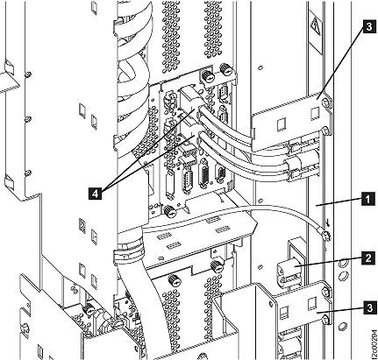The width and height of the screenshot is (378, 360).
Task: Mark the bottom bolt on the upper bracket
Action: pos(326,131)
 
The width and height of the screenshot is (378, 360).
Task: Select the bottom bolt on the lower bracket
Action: pos(326,321)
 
